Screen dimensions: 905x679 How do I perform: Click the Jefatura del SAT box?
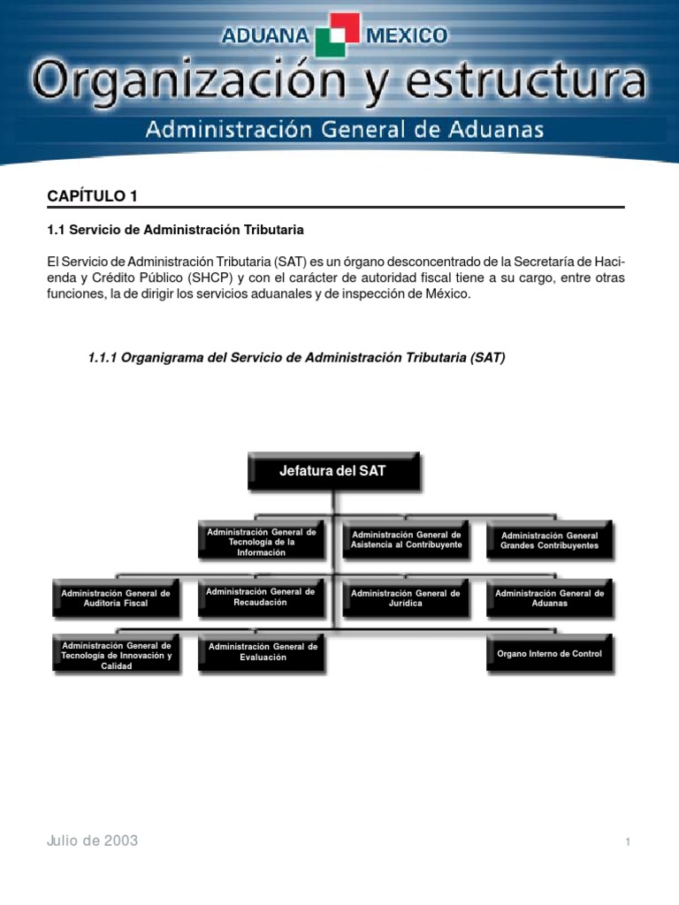(333, 472)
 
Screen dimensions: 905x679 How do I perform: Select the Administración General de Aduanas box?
(550, 598)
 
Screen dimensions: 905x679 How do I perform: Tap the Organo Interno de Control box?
(550, 654)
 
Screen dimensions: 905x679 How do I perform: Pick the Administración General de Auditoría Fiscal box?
(116, 598)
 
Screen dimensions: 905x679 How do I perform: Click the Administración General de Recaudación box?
(260, 597)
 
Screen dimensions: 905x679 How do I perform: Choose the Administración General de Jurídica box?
(406, 598)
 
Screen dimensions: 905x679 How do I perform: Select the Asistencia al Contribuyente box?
(406, 540)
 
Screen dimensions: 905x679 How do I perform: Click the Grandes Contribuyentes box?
(550, 540)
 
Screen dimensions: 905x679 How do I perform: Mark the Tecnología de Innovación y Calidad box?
(116, 655)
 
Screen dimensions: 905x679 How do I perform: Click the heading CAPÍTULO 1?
(92, 195)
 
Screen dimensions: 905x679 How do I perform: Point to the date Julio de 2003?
(93, 840)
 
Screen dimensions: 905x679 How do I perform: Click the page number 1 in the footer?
(628, 842)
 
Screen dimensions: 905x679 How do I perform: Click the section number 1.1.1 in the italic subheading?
(103, 358)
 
